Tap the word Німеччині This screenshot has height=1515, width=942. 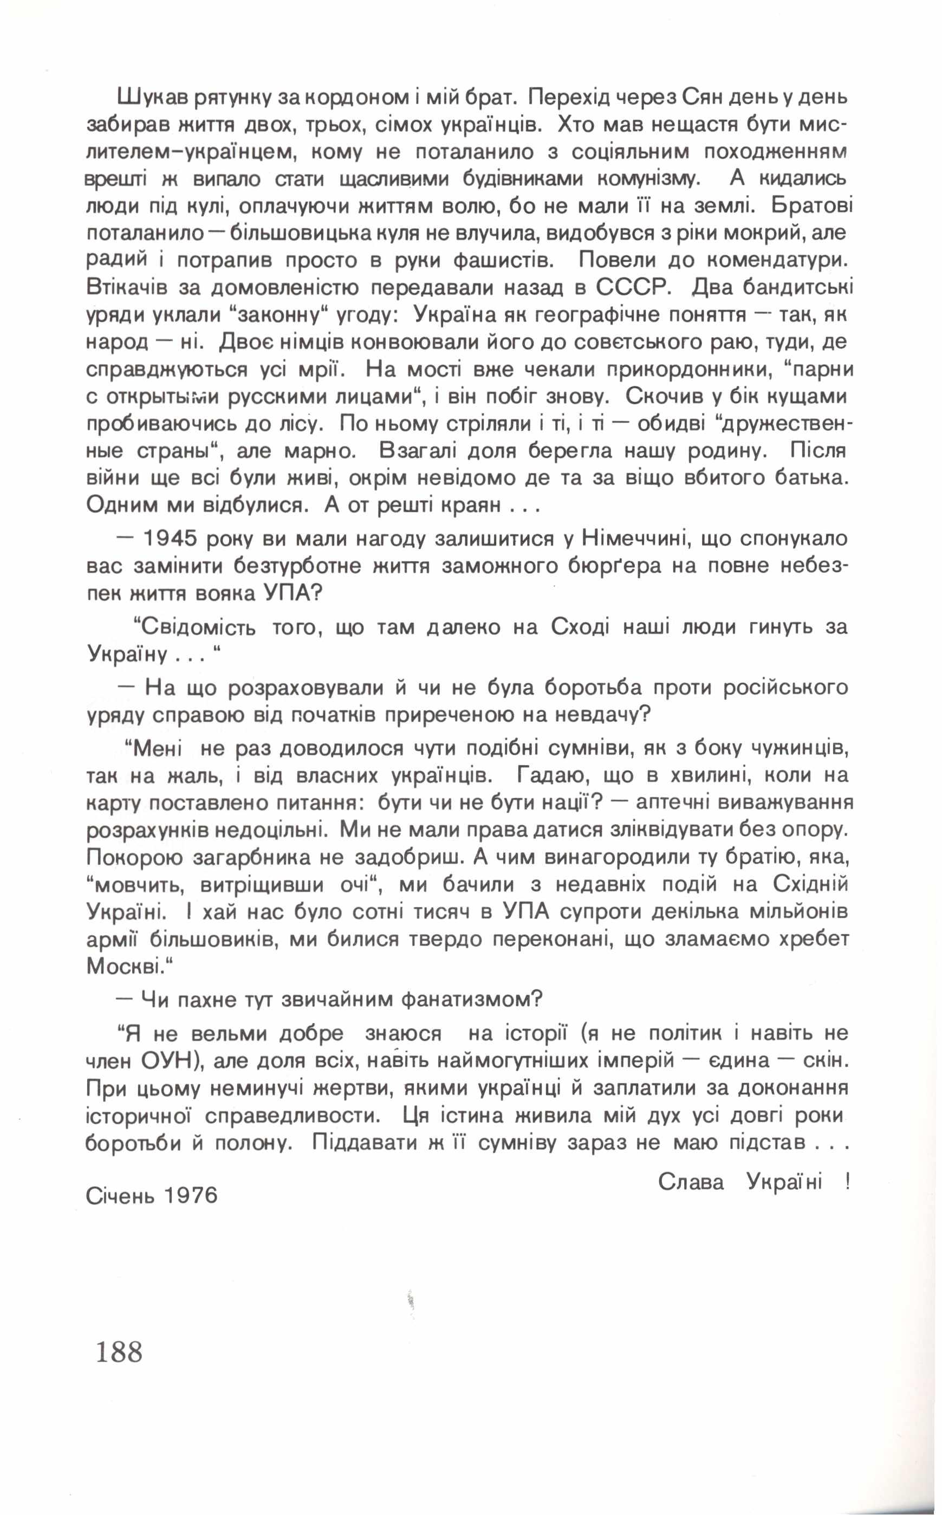pyautogui.click(x=634, y=539)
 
